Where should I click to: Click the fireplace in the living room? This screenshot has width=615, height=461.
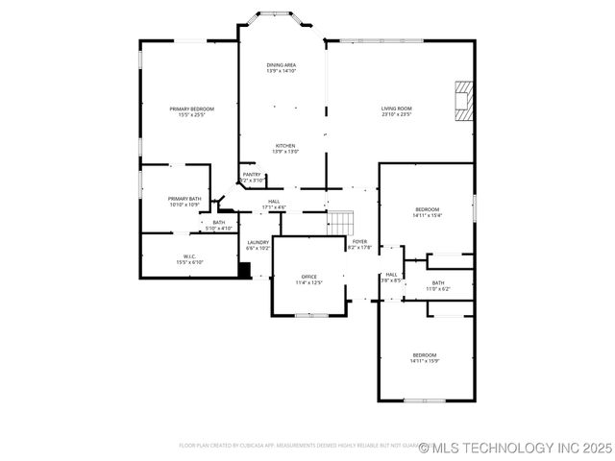464,101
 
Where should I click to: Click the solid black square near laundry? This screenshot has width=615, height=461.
244,270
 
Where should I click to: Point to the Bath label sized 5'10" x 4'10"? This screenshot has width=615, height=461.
219,225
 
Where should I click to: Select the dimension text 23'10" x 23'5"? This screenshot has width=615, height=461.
396,115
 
